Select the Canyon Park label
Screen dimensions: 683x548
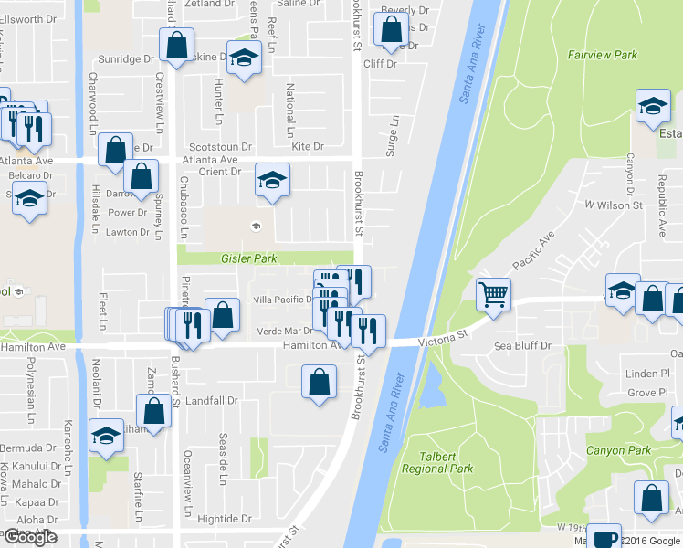(618, 450)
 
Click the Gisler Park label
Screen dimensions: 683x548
(248, 258)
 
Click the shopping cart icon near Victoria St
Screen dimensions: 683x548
(493, 295)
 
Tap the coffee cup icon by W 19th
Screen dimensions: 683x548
(603, 537)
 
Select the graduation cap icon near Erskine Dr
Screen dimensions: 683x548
(244, 60)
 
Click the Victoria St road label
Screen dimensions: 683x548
(442, 336)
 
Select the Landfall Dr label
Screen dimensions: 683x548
(211, 400)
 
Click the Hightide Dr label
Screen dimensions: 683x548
(217, 519)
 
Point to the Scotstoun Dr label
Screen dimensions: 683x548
(219, 146)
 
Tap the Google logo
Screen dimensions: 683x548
(30, 537)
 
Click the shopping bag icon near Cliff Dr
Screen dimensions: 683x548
(391, 29)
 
